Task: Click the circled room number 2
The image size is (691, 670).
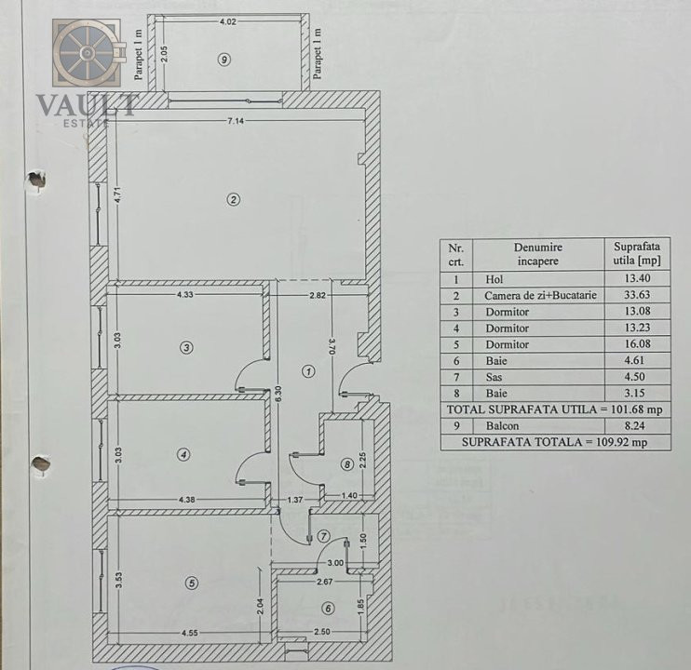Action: (x=234, y=198)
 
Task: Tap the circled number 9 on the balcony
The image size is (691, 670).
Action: (x=223, y=59)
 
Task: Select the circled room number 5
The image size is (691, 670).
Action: (x=192, y=583)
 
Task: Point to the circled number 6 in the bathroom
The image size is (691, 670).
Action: (x=327, y=609)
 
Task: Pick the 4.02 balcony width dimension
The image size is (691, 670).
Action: (x=227, y=20)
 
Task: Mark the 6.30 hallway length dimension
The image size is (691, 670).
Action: (x=278, y=394)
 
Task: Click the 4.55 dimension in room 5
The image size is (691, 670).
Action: (x=186, y=634)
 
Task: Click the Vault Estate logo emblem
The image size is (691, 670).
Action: (x=87, y=53)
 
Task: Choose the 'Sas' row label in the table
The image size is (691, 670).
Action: (x=494, y=377)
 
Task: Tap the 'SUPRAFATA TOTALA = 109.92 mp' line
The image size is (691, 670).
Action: (x=555, y=443)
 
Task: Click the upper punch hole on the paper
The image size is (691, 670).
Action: (x=37, y=179)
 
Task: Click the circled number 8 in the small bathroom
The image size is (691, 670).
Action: (x=346, y=463)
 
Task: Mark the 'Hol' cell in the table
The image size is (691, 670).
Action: (x=495, y=278)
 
